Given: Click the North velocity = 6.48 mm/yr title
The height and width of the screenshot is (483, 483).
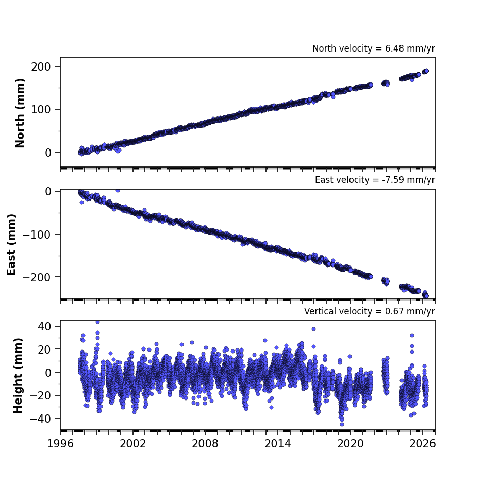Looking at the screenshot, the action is (374, 48).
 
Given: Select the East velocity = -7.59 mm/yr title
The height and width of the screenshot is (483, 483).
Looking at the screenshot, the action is (375, 180).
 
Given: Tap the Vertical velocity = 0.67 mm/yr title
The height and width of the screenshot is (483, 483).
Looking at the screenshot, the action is (369, 311).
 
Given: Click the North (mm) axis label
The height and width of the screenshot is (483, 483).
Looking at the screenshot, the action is (20, 113).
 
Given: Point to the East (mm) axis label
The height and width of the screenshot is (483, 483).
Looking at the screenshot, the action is (11, 244).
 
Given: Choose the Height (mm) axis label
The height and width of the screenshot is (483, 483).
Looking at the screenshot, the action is (18, 375).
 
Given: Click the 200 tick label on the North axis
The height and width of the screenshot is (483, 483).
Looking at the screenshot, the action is (41, 66).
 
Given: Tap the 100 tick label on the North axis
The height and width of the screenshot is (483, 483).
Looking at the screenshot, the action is (41, 109).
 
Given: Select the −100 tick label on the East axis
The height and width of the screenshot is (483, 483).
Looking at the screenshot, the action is (37, 235).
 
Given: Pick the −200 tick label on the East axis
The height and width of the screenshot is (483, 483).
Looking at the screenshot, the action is (37, 277).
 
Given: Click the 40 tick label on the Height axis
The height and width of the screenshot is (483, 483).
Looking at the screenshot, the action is (44, 326).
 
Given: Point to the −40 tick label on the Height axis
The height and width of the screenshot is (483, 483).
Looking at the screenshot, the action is (40, 419).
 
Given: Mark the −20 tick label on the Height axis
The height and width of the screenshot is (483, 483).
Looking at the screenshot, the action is (40, 395).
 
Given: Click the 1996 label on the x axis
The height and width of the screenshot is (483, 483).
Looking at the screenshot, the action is (60, 444).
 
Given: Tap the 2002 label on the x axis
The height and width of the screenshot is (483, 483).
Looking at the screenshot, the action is (133, 444).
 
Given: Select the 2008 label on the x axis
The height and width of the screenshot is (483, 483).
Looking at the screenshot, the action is (205, 444).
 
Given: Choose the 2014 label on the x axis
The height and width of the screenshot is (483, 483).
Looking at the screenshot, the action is (278, 444).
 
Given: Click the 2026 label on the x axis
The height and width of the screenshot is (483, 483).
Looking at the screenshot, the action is (423, 444).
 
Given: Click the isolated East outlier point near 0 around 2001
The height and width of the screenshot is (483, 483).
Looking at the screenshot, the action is (118, 191).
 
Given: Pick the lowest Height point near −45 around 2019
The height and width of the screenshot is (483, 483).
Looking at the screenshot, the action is (342, 424).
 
